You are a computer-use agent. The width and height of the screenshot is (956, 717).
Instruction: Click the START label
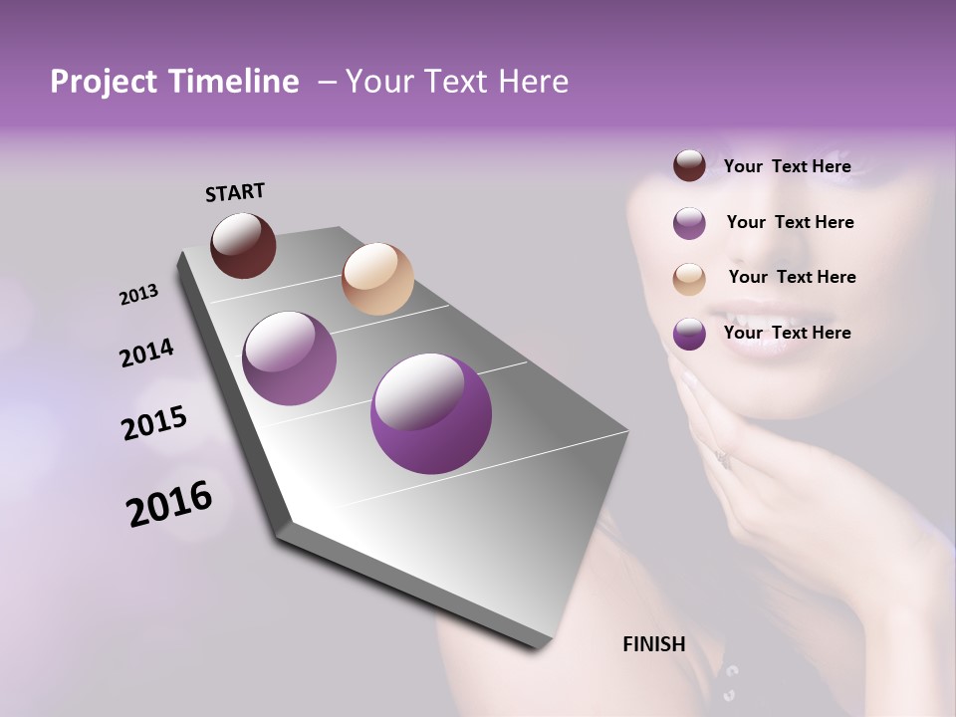pyautogui.click(x=235, y=191)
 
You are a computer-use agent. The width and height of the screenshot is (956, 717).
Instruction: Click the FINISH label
pyautogui.click(x=653, y=644)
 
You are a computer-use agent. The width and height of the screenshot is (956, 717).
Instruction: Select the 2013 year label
pyautogui.click(x=138, y=295)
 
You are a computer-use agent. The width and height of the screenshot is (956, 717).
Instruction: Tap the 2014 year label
pyautogui.click(x=146, y=353)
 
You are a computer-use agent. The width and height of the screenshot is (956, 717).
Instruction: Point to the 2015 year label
pyautogui.click(x=154, y=423)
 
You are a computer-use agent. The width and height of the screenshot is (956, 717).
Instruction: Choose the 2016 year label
pyautogui.click(x=169, y=504)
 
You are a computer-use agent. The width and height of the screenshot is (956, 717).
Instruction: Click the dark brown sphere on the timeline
pyautogui.click(x=243, y=245)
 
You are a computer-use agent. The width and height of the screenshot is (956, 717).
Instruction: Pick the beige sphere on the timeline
pyautogui.click(x=377, y=279)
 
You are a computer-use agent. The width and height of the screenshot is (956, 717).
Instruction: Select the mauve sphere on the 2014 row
pyautogui.click(x=289, y=358)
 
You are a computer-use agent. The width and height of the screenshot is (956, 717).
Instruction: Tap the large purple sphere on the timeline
pyautogui.click(x=430, y=413)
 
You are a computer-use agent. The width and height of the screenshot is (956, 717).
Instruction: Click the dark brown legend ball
pyautogui.click(x=689, y=166)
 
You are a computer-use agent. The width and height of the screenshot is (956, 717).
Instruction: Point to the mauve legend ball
pyautogui.click(x=689, y=223)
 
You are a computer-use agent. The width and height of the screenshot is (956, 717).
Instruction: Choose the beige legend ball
pyautogui.click(x=689, y=279)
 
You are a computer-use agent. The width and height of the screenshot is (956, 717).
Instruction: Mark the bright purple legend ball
pyautogui.click(x=689, y=335)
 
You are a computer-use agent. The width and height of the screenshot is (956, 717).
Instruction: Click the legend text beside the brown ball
pyautogui.click(x=787, y=166)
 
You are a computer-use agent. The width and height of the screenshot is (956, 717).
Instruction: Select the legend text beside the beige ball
pyautogui.click(x=792, y=277)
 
